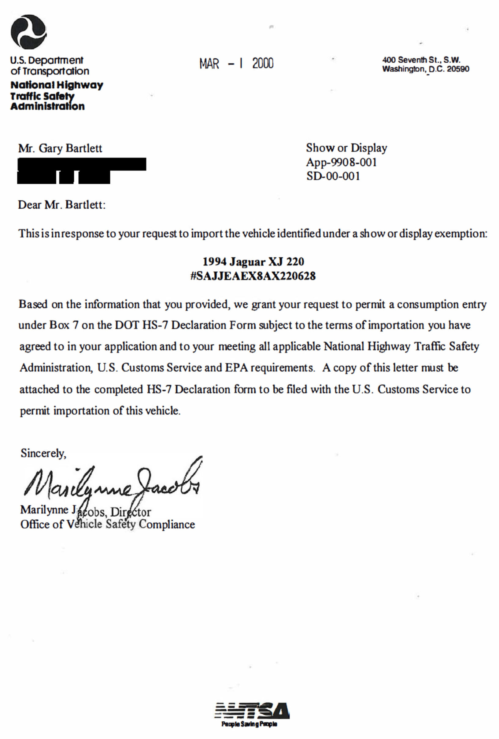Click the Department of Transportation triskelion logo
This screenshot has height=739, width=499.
pos(29,31)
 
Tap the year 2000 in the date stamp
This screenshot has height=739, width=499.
pos(263,63)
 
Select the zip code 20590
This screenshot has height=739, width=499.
pos(458,69)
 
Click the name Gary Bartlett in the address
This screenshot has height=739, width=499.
pos(70,148)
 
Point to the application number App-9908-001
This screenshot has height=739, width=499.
pos(341,162)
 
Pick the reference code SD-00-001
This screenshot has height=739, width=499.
pos(333,176)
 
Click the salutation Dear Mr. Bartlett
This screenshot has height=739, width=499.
pos(61,204)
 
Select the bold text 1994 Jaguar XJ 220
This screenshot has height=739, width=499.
pos(253,262)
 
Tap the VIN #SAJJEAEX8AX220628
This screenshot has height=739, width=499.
pos(253,276)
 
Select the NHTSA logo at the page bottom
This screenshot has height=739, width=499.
pos(252,711)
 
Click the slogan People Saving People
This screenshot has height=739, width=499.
pos(249,724)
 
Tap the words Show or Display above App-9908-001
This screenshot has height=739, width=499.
pos(346,148)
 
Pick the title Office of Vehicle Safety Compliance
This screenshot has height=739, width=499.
pos(108,524)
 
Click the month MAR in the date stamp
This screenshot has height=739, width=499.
pos(209,64)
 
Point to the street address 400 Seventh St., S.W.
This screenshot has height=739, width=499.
pos(421,60)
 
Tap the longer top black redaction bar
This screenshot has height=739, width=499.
pos(82,164)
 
